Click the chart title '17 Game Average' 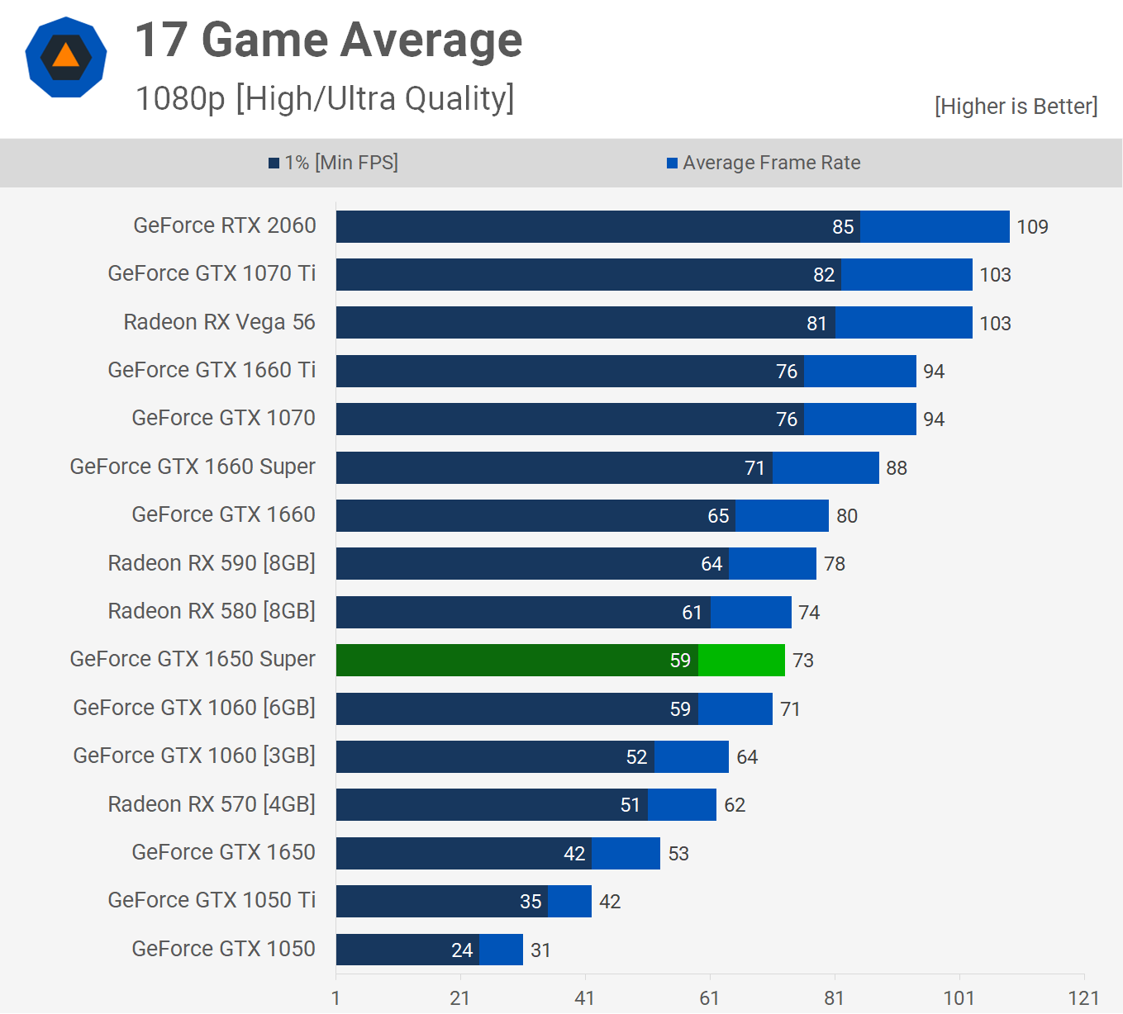(328, 40)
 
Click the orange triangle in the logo (66, 56)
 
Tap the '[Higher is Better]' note (1016, 107)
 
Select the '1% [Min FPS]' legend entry (333, 163)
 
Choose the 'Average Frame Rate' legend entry (764, 163)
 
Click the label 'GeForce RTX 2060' (224, 225)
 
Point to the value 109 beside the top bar (1032, 227)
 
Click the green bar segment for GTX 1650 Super (741, 660)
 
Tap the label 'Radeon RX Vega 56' (219, 322)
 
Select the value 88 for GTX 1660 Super (897, 468)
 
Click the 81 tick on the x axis (834, 998)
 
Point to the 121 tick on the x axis (1083, 998)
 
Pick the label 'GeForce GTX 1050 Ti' (212, 900)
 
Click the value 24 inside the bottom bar (462, 950)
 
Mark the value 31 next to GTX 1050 (540, 950)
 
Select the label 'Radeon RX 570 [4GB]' (212, 804)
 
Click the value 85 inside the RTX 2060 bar (843, 227)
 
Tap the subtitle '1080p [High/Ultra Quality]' (325, 98)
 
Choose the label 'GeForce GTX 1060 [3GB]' (194, 756)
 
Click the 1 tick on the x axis (335, 998)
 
